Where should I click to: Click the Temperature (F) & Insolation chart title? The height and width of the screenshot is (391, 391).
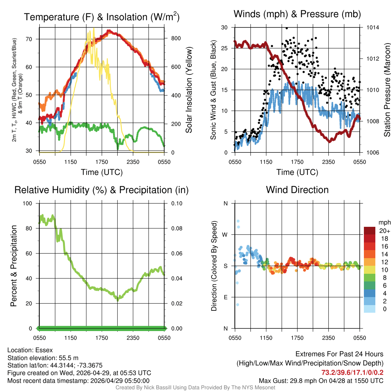coord(102,17)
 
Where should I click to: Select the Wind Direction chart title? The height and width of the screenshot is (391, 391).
coord(297,190)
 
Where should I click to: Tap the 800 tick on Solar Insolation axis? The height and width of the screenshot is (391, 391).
coord(171,39)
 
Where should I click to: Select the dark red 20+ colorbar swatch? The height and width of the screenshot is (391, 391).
coord(370,230)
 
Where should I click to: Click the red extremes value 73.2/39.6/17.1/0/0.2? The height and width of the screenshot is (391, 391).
coord(352,372)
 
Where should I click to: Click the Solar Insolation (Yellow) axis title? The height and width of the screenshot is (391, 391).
coord(189,90)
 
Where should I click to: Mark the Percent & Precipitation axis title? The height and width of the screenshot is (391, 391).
coord(13,266)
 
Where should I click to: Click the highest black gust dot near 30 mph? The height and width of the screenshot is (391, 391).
coord(286,28)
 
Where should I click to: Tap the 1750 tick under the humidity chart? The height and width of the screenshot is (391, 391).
coord(102,338)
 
